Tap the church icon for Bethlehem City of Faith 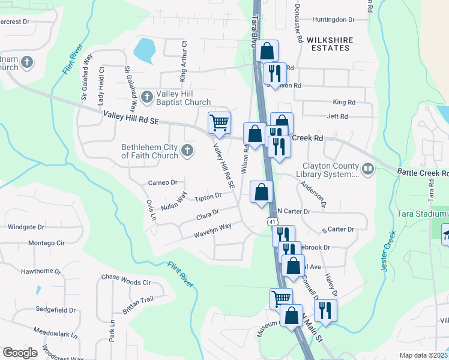point(187,150)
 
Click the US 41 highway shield point(272,222)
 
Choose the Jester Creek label point(388,252)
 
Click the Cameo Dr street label point(162,182)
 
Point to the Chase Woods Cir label point(125,282)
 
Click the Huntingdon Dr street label point(334,20)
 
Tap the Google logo point(20,353)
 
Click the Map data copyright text point(423,355)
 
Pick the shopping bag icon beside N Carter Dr point(261,193)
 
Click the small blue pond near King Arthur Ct point(144,50)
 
